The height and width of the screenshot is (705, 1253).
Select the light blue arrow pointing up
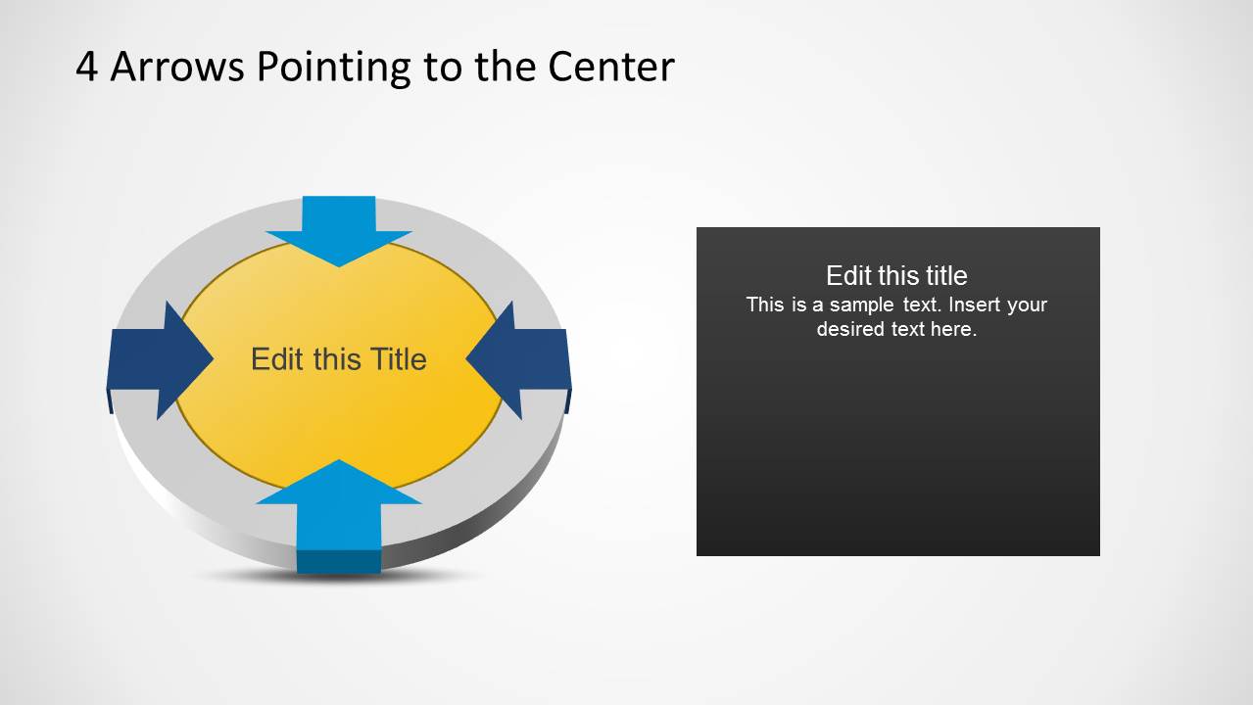tap(339, 504)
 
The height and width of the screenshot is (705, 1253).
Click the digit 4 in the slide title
tap(87, 67)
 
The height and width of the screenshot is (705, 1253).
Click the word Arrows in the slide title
tap(177, 67)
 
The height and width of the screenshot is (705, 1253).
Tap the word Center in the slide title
tap(611, 67)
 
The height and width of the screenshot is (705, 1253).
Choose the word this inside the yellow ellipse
tap(334, 359)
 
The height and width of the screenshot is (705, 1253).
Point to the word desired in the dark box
tap(850, 329)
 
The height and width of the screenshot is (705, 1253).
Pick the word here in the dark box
tap(953, 329)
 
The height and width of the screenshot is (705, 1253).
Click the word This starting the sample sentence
tap(765, 305)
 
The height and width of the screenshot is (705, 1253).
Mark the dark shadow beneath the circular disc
tap(339, 577)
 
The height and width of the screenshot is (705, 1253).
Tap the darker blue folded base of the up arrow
tap(339, 561)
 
